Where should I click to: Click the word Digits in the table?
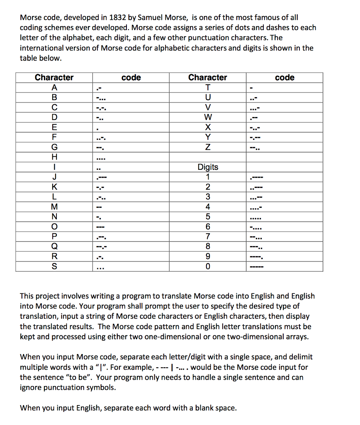pyautogui.click(x=208, y=167)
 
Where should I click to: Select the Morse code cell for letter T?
pyautogui.click(x=251, y=87)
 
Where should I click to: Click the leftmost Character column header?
pyautogui.click(x=54, y=78)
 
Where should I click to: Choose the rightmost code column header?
pyautogui.click(x=285, y=78)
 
